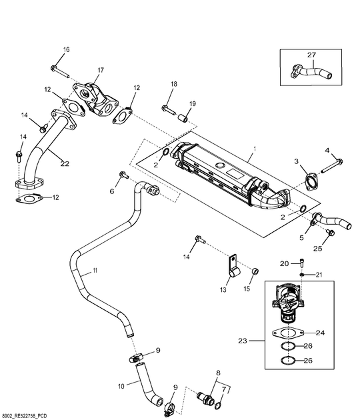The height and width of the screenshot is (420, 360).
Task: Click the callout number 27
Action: tap(311, 55)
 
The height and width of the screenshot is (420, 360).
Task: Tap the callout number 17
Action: tap(101, 70)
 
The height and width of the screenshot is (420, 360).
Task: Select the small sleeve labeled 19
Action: tap(183, 118)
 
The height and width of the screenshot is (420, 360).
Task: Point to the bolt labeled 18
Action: tap(169, 109)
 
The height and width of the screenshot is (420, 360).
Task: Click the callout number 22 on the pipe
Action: tap(65, 163)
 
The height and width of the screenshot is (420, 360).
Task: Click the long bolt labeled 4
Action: tap(332, 166)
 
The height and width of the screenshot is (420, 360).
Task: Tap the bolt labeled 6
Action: tap(124, 175)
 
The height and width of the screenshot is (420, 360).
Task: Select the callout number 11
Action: tap(95, 271)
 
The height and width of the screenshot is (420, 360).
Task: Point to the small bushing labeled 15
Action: tap(256, 272)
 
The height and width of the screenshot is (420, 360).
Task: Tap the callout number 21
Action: tap(319, 275)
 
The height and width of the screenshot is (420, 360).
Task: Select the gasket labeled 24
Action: tap(288, 333)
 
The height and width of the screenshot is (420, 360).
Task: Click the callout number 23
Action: tap(243, 341)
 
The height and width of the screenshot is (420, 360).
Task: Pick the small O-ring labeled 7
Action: tap(218, 406)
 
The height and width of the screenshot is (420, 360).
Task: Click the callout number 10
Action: tap(121, 386)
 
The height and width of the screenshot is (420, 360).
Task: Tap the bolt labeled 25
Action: tap(331, 233)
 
